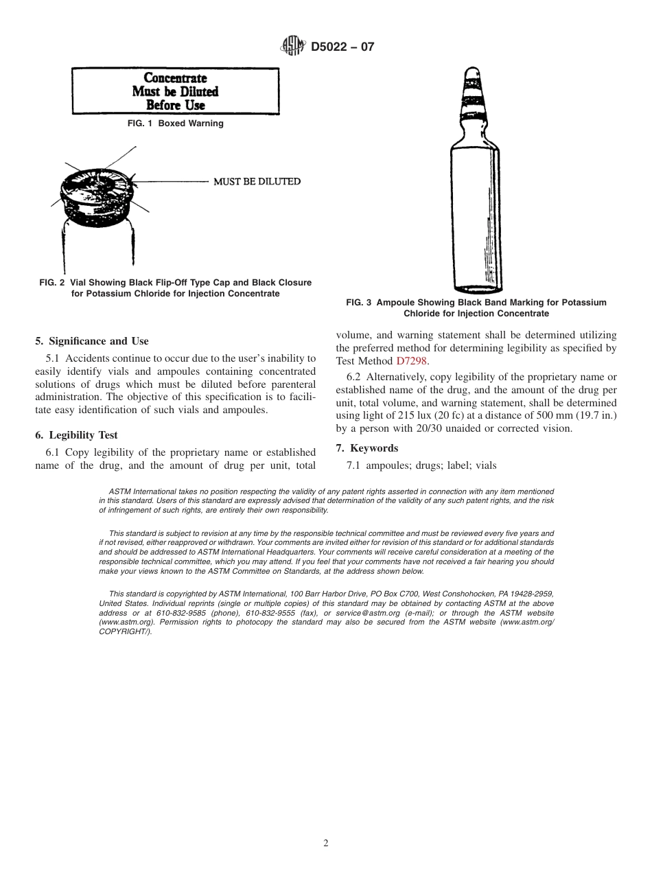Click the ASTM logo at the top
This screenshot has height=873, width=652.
(292, 47)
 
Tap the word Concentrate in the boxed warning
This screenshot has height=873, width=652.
(175, 78)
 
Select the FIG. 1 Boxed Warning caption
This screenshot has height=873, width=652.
(175, 124)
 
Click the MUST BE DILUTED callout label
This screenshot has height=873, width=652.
(257, 181)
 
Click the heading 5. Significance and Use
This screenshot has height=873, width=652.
(92, 341)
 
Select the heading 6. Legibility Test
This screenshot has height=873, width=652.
(76, 435)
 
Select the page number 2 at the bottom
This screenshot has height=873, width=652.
(326, 843)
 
